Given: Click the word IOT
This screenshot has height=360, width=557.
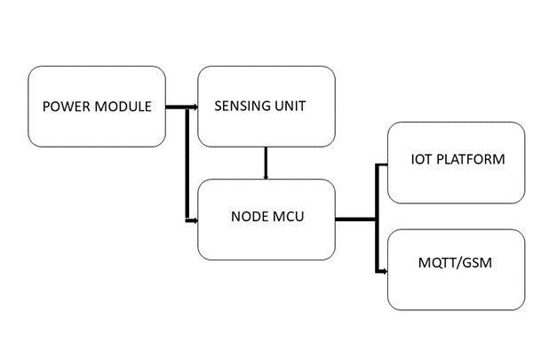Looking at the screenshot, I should pyautogui.click(x=422, y=160).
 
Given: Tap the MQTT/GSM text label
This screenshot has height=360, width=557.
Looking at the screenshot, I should pyautogui.click(x=456, y=264).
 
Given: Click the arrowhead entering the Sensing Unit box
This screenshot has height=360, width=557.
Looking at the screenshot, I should pyautogui.click(x=193, y=108).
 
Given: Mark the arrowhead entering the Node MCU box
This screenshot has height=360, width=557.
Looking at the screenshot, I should pyautogui.click(x=193, y=219).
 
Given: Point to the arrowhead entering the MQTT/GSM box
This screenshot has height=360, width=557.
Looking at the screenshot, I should pyautogui.click(x=385, y=271).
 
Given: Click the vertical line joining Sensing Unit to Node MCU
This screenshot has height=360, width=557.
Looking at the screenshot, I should pyautogui.click(x=266, y=163).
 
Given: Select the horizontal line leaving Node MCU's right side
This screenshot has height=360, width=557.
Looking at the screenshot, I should pyautogui.click(x=355, y=218).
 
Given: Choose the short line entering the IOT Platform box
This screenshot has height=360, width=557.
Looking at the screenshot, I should pyautogui.click(x=382, y=164).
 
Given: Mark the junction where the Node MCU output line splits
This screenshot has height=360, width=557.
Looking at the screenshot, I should pyautogui.click(x=377, y=218).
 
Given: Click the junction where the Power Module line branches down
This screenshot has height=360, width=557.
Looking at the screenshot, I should pyautogui.click(x=184, y=108).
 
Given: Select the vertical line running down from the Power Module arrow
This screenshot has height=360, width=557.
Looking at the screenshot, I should pyautogui.click(x=184, y=164).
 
